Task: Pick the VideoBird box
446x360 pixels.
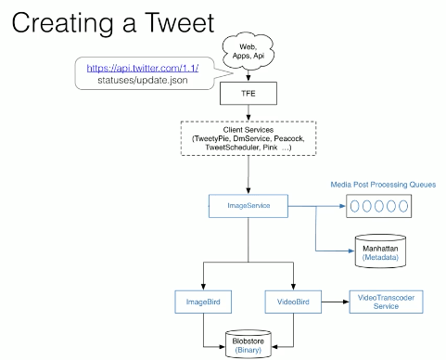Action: [x=293, y=301]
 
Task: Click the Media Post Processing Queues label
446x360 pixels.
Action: [x=383, y=184]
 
